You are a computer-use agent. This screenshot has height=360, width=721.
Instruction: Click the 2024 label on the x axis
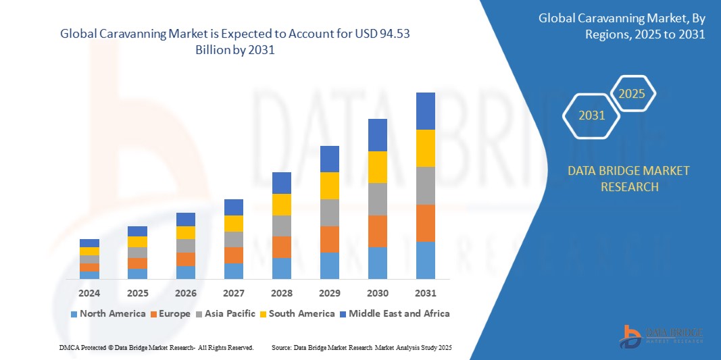pyautogui.click(x=89, y=293)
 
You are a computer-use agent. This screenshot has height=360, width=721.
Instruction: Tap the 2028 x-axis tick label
pyautogui.click(x=281, y=293)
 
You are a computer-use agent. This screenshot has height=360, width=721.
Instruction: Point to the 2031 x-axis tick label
pyautogui.click(x=425, y=293)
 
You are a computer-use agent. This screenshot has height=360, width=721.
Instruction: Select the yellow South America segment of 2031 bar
pyautogui.click(x=425, y=148)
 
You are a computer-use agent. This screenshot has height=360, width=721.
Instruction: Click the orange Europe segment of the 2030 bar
pyautogui.click(x=377, y=231)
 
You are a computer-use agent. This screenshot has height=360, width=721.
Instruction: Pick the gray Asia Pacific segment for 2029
pyautogui.click(x=329, y=212)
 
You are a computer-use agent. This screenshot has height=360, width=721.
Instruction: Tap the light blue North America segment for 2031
pyautogui.click(x=425, y=260)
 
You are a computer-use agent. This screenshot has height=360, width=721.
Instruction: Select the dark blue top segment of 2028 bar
pyautogui.click(x=281, y=182)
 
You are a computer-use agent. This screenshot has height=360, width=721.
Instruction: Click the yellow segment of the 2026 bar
pyautogui.click(x=185, y=232)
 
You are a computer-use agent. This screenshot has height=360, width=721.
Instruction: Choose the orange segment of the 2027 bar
pyautogui.click(x=233, y=255)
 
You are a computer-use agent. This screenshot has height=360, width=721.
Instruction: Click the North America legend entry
pyautogui.click(x=107, y=313)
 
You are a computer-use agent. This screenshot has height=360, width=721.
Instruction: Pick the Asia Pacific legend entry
pyautogui.click(x=228, y=313)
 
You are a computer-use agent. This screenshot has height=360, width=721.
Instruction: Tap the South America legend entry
pyautogui.click(x=298, y=313)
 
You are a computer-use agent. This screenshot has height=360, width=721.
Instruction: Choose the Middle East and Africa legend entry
pyautogui.click(x=395, y=313)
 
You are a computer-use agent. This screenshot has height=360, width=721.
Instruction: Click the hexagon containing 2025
pyautogui.click(x=632, y=94)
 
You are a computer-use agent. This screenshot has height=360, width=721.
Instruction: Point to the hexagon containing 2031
pyautogui.click(x=592, y=115)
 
